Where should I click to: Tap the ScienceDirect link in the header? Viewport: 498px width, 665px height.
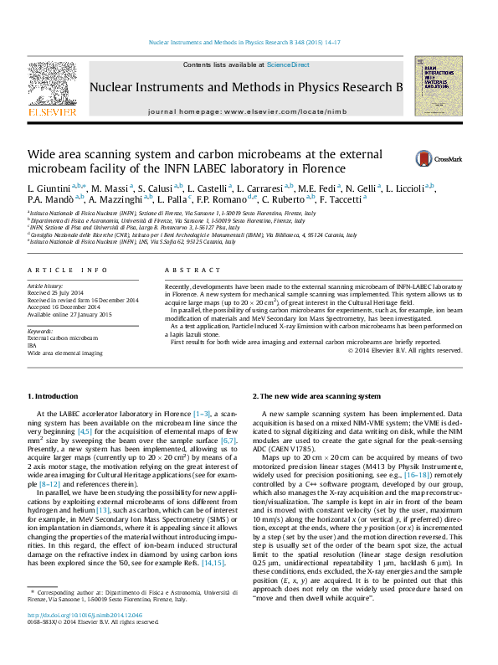[x=288, y=64]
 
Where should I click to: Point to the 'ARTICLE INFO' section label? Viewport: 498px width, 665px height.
[x=68, y=271]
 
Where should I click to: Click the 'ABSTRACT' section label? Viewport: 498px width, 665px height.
[x=182, y=271]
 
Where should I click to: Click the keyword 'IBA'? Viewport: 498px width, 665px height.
[x=33, y=346]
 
